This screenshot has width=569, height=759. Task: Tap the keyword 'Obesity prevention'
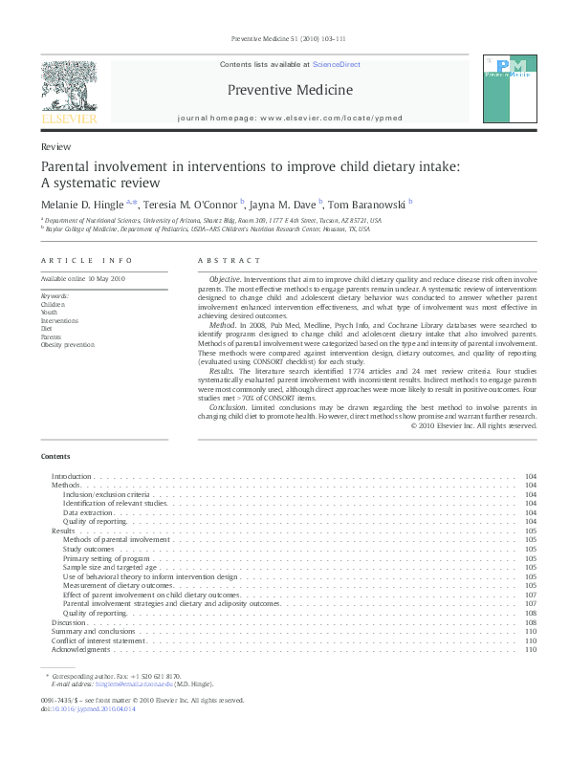pyautogui.click(x=68, y=344)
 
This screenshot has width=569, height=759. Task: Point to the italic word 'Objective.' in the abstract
pyautogui.click(x=226, y=278)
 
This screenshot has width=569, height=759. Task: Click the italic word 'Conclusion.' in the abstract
pyautogui.click(x=229, y=406)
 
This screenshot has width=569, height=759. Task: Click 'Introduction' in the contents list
pyautogui.click(x=71, y=476)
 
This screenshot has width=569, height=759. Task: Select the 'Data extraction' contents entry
pyautogui.click(x=89, y=512)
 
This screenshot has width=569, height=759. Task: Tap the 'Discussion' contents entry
pyautogui.click(x=69, y=621)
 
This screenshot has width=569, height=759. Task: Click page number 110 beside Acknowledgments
pyautogui.click(x=531, y=649)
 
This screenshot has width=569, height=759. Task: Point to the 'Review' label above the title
pyautogui.click(x=55, y=148)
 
